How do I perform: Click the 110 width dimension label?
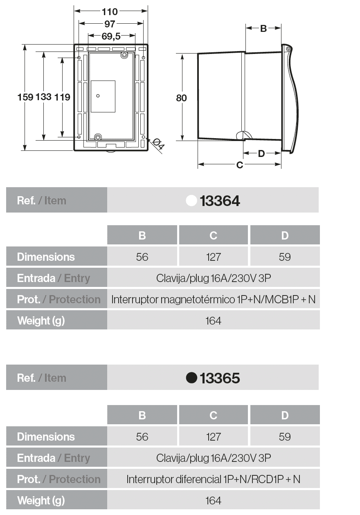coord(110,12)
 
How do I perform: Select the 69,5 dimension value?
coord(111,36)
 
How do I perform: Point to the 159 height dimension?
coord(25,97)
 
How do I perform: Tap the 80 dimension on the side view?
coord(181,98)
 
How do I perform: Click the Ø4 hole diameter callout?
coord(158,145)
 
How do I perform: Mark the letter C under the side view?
coord(240,165)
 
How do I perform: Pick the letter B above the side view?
coord(263,28)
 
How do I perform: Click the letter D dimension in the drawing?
coord(261,154)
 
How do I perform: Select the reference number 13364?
coord(220,201)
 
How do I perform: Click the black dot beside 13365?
coord(191,378)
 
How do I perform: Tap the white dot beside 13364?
coord(191,201)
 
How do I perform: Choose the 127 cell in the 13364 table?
coord(213,257)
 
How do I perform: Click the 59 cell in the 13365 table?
coord(285,437)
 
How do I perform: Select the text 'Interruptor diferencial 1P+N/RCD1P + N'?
coord(213,479)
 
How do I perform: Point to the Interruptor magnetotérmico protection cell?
coord(213,299)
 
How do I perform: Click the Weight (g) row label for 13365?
coord(41,500)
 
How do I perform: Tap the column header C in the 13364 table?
coord(213,235)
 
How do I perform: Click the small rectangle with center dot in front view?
coord(103,96)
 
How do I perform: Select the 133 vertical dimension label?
coord(44,97)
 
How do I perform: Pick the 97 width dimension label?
coord(110,24)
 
